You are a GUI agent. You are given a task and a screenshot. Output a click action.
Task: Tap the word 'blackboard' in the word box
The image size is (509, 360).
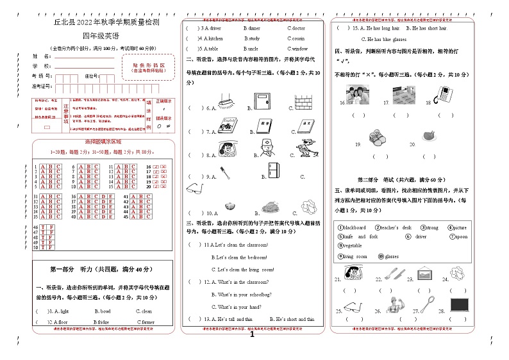click(352, 227)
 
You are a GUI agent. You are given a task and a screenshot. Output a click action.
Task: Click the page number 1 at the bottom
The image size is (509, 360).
click(252, 334)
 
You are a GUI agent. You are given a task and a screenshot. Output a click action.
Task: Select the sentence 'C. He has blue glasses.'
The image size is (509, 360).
click(379, 39)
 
